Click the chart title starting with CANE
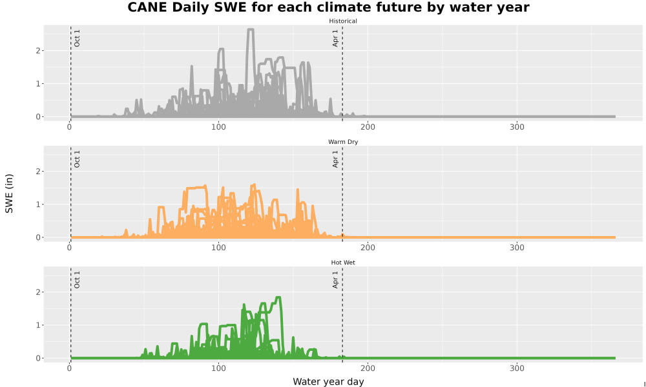(x=328, y=7)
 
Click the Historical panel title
(x=343, y=21)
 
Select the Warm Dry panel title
(x=343, y=142)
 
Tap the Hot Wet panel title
(x=343, y=263)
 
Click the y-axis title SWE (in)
(x=9, y=193)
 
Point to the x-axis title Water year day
(x=328, y=382)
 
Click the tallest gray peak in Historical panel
(x=251, y=29)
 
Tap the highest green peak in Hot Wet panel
(x=278, y=297)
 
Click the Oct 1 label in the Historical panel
(x=77, y=38)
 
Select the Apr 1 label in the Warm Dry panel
(x=335, y=159)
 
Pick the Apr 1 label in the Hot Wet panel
(x=335, y=280)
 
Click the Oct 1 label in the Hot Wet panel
(x=77, y=280)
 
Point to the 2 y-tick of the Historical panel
(x=38, y=50)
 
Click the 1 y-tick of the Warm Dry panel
(x=38, y=204)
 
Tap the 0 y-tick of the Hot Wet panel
(x=38, y=358)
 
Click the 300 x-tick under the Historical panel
(x=517, y=127)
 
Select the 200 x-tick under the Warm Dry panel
(x=368, y=248)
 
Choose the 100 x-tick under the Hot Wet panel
(x=218, y=368)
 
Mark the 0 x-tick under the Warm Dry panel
(x=69, y=248)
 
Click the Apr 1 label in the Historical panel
(x=335, y=38)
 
